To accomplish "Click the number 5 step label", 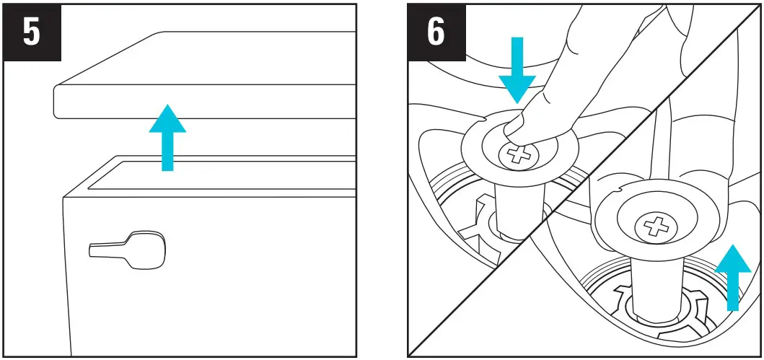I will pyautogui.click(x=32, y=33).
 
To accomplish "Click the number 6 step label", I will pyautogui.click(x=436, y=33).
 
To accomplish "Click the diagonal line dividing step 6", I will pyautogui.click(x=584, y=180).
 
